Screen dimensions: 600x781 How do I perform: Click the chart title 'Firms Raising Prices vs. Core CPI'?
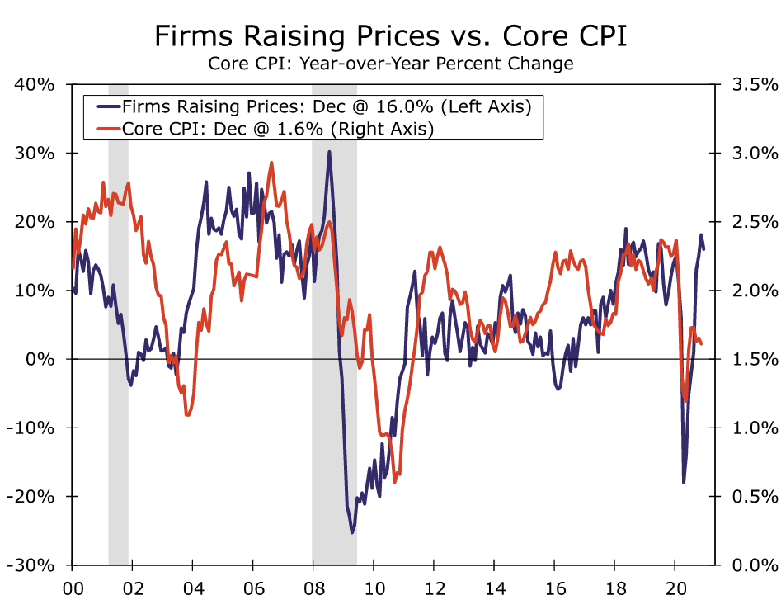tap(390, 37)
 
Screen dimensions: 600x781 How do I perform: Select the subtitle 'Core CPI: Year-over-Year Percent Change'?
tap(390, 64)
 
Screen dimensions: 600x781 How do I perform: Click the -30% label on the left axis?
tap(32, 565)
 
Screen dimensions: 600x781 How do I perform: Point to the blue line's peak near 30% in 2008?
tap(329, 152)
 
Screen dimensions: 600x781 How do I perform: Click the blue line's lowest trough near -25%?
tap(351, 532)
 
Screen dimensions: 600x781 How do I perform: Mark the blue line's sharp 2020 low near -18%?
tap(684, 482)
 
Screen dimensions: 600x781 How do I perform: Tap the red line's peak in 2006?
tap(271, 163)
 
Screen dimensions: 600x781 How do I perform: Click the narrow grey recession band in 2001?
tap(118, 330)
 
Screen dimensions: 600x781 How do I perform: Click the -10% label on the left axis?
tap(32, 428)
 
